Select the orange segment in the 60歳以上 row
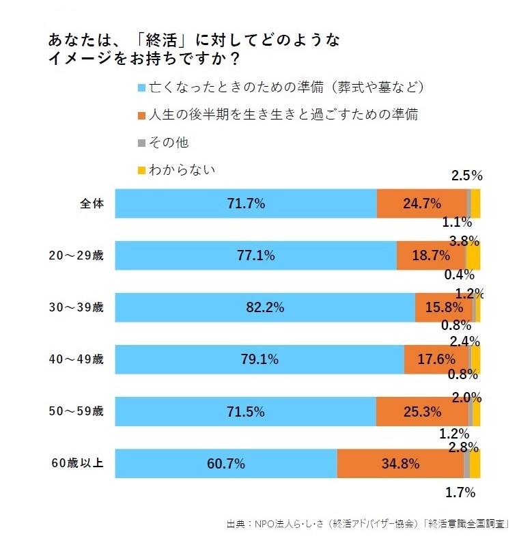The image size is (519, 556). (400, 464)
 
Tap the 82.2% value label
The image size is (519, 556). (265, 307)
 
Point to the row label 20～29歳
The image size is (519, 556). (76, 255)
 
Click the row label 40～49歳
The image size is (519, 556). (76, 359)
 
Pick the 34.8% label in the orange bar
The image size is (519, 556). (400, 464)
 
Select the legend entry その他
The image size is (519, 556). (168, 142)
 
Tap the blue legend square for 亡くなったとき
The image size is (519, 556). (141, 88)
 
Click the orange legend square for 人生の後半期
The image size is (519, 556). (141, 115)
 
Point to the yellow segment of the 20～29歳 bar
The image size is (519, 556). (473, 255)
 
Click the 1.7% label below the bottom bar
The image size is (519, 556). (461, 492)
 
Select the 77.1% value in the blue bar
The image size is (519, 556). (255, 255)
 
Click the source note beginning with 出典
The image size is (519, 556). (369, 524)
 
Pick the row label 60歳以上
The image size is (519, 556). (76, 463)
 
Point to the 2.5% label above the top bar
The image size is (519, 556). (467, 176)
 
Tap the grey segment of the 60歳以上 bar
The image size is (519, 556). (466, 464)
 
